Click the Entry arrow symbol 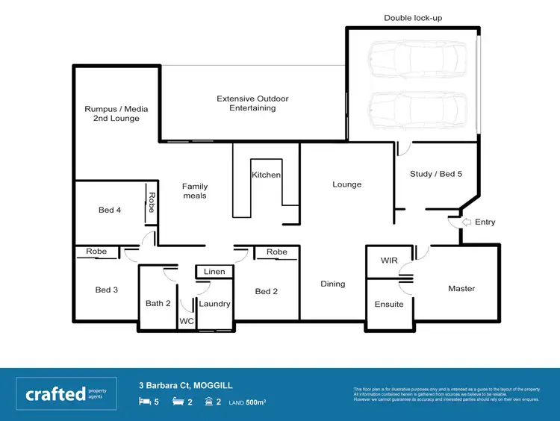(x=468, y=222)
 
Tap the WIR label (x=389, y=261)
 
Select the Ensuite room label (x=389, y=304)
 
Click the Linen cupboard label (x=214, y=272)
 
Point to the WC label (x=186, y=322)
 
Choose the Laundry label (x=214, y=304)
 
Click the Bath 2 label (x=158, y=303)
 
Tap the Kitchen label (x=266, y=175)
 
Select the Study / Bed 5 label (x=436, y=174)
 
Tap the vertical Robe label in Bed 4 (x=151, y=202)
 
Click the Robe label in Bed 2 (x=277, y=252)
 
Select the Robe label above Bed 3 (x=96, y=252)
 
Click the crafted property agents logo (x=66, y=393)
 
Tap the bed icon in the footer (x=144, y=402)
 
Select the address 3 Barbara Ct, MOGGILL (x=186, y=385)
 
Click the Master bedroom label (x=461, y=288)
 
